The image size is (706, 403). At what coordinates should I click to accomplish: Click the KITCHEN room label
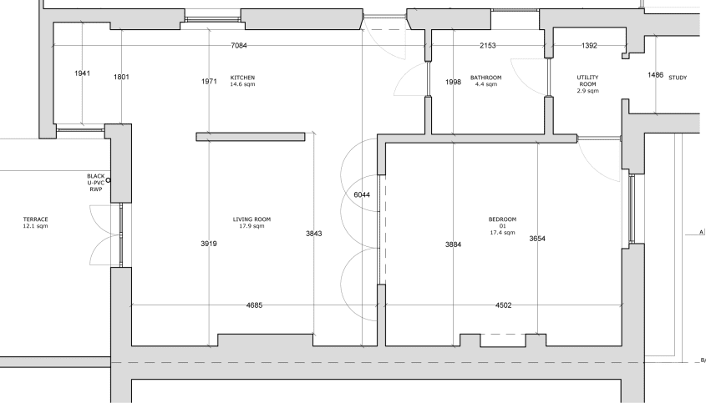(242, 78)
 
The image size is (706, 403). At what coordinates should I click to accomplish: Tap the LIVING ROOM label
(251, 219)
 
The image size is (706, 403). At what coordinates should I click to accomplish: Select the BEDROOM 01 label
(502, 223)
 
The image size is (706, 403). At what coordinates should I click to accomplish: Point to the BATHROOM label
(485, 78)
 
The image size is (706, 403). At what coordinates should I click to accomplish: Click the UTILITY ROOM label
(587, 81)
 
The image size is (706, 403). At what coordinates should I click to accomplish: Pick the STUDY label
(678, 78)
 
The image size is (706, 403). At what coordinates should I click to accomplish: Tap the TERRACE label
(36, 219)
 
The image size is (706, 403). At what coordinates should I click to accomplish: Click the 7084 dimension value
(239, 45)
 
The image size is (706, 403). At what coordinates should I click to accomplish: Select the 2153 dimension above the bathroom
(488, 45)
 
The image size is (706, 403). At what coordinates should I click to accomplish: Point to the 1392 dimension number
(589, 45)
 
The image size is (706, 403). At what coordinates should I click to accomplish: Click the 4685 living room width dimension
(254, 305)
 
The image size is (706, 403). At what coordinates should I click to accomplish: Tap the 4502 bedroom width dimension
(503, 305)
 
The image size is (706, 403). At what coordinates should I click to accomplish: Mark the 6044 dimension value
(362, 194)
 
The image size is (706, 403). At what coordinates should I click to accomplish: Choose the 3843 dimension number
(314, 234)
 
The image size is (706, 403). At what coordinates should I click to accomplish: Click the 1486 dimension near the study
(656, 75)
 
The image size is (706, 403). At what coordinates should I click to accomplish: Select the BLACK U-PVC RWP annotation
(96, 183)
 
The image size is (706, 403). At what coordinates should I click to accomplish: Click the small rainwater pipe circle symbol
(108, 180)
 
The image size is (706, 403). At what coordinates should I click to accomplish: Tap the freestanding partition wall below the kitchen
(251, 137)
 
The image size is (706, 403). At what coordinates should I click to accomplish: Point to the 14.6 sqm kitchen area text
(242, 84)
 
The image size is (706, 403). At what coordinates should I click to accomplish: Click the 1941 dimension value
(83, 73)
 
